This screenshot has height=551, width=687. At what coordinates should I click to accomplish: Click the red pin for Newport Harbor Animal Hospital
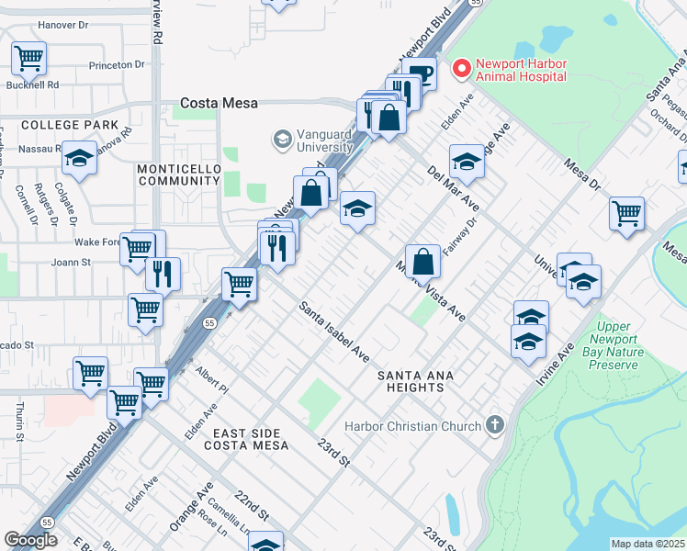(460, 69)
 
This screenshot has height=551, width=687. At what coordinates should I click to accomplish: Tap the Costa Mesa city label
(219, 104)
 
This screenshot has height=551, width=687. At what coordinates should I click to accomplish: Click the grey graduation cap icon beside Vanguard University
(282, 140)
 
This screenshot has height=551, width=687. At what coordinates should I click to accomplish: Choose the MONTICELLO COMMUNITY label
(178, 174)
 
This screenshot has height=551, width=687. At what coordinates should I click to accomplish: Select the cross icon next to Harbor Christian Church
(495, 425)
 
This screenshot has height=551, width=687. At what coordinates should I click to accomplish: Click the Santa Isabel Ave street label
(335, 332)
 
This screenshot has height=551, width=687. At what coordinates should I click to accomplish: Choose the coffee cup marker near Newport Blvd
(420, 74)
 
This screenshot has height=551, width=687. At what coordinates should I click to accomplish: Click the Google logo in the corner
(30, 540)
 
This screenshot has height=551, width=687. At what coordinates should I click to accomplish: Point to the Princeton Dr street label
(118, 65)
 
